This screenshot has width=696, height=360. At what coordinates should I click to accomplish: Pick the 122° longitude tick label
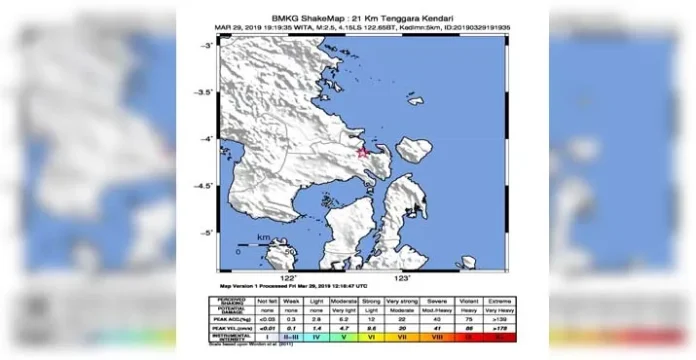click(289, 276)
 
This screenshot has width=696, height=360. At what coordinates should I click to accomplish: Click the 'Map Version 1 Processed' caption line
click(290, 287)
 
